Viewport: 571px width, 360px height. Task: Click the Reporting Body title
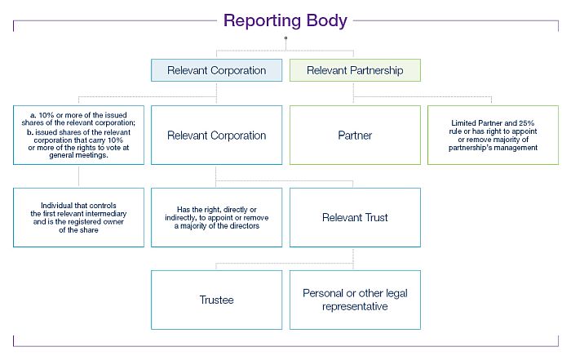(x=285, y=20)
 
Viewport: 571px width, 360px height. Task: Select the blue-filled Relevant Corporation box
(x=216, y=70)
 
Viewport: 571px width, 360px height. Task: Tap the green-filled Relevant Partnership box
(x=355, y=70)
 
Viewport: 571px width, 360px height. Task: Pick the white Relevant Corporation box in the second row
(x=216, y=135)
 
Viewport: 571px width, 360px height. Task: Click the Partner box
(x=355, y=135)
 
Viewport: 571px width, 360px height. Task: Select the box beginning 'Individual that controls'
(x=80, y=217)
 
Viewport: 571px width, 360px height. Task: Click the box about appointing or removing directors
(x=216, y=217)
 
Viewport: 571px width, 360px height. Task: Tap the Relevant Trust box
(x=355, y=217)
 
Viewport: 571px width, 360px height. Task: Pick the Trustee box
(x=216, y=300)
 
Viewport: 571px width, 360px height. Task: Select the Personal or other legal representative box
(x=355, y=300)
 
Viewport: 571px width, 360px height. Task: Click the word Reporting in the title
(x=263, y=20)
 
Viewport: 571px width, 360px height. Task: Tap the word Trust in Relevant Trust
(x=375, y=217)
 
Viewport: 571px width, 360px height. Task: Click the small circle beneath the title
(x=285, y=38)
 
